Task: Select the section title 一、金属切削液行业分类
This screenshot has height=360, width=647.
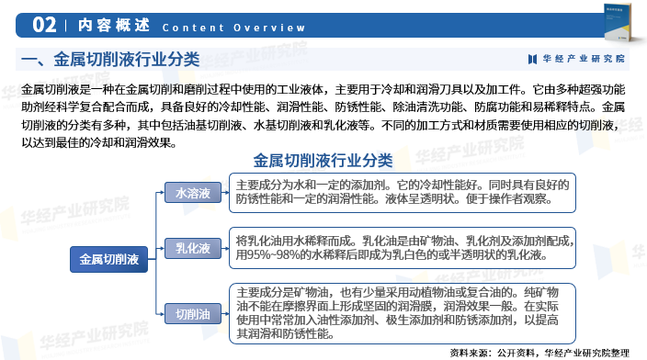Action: (109, 61)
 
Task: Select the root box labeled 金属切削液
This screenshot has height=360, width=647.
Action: (108, 260)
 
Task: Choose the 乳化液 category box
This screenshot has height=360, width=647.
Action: (193, 248)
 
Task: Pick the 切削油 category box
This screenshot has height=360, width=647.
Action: (193, 314)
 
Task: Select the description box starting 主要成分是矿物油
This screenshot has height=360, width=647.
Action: (403, 313)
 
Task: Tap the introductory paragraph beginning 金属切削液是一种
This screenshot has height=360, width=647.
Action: (323, 117)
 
